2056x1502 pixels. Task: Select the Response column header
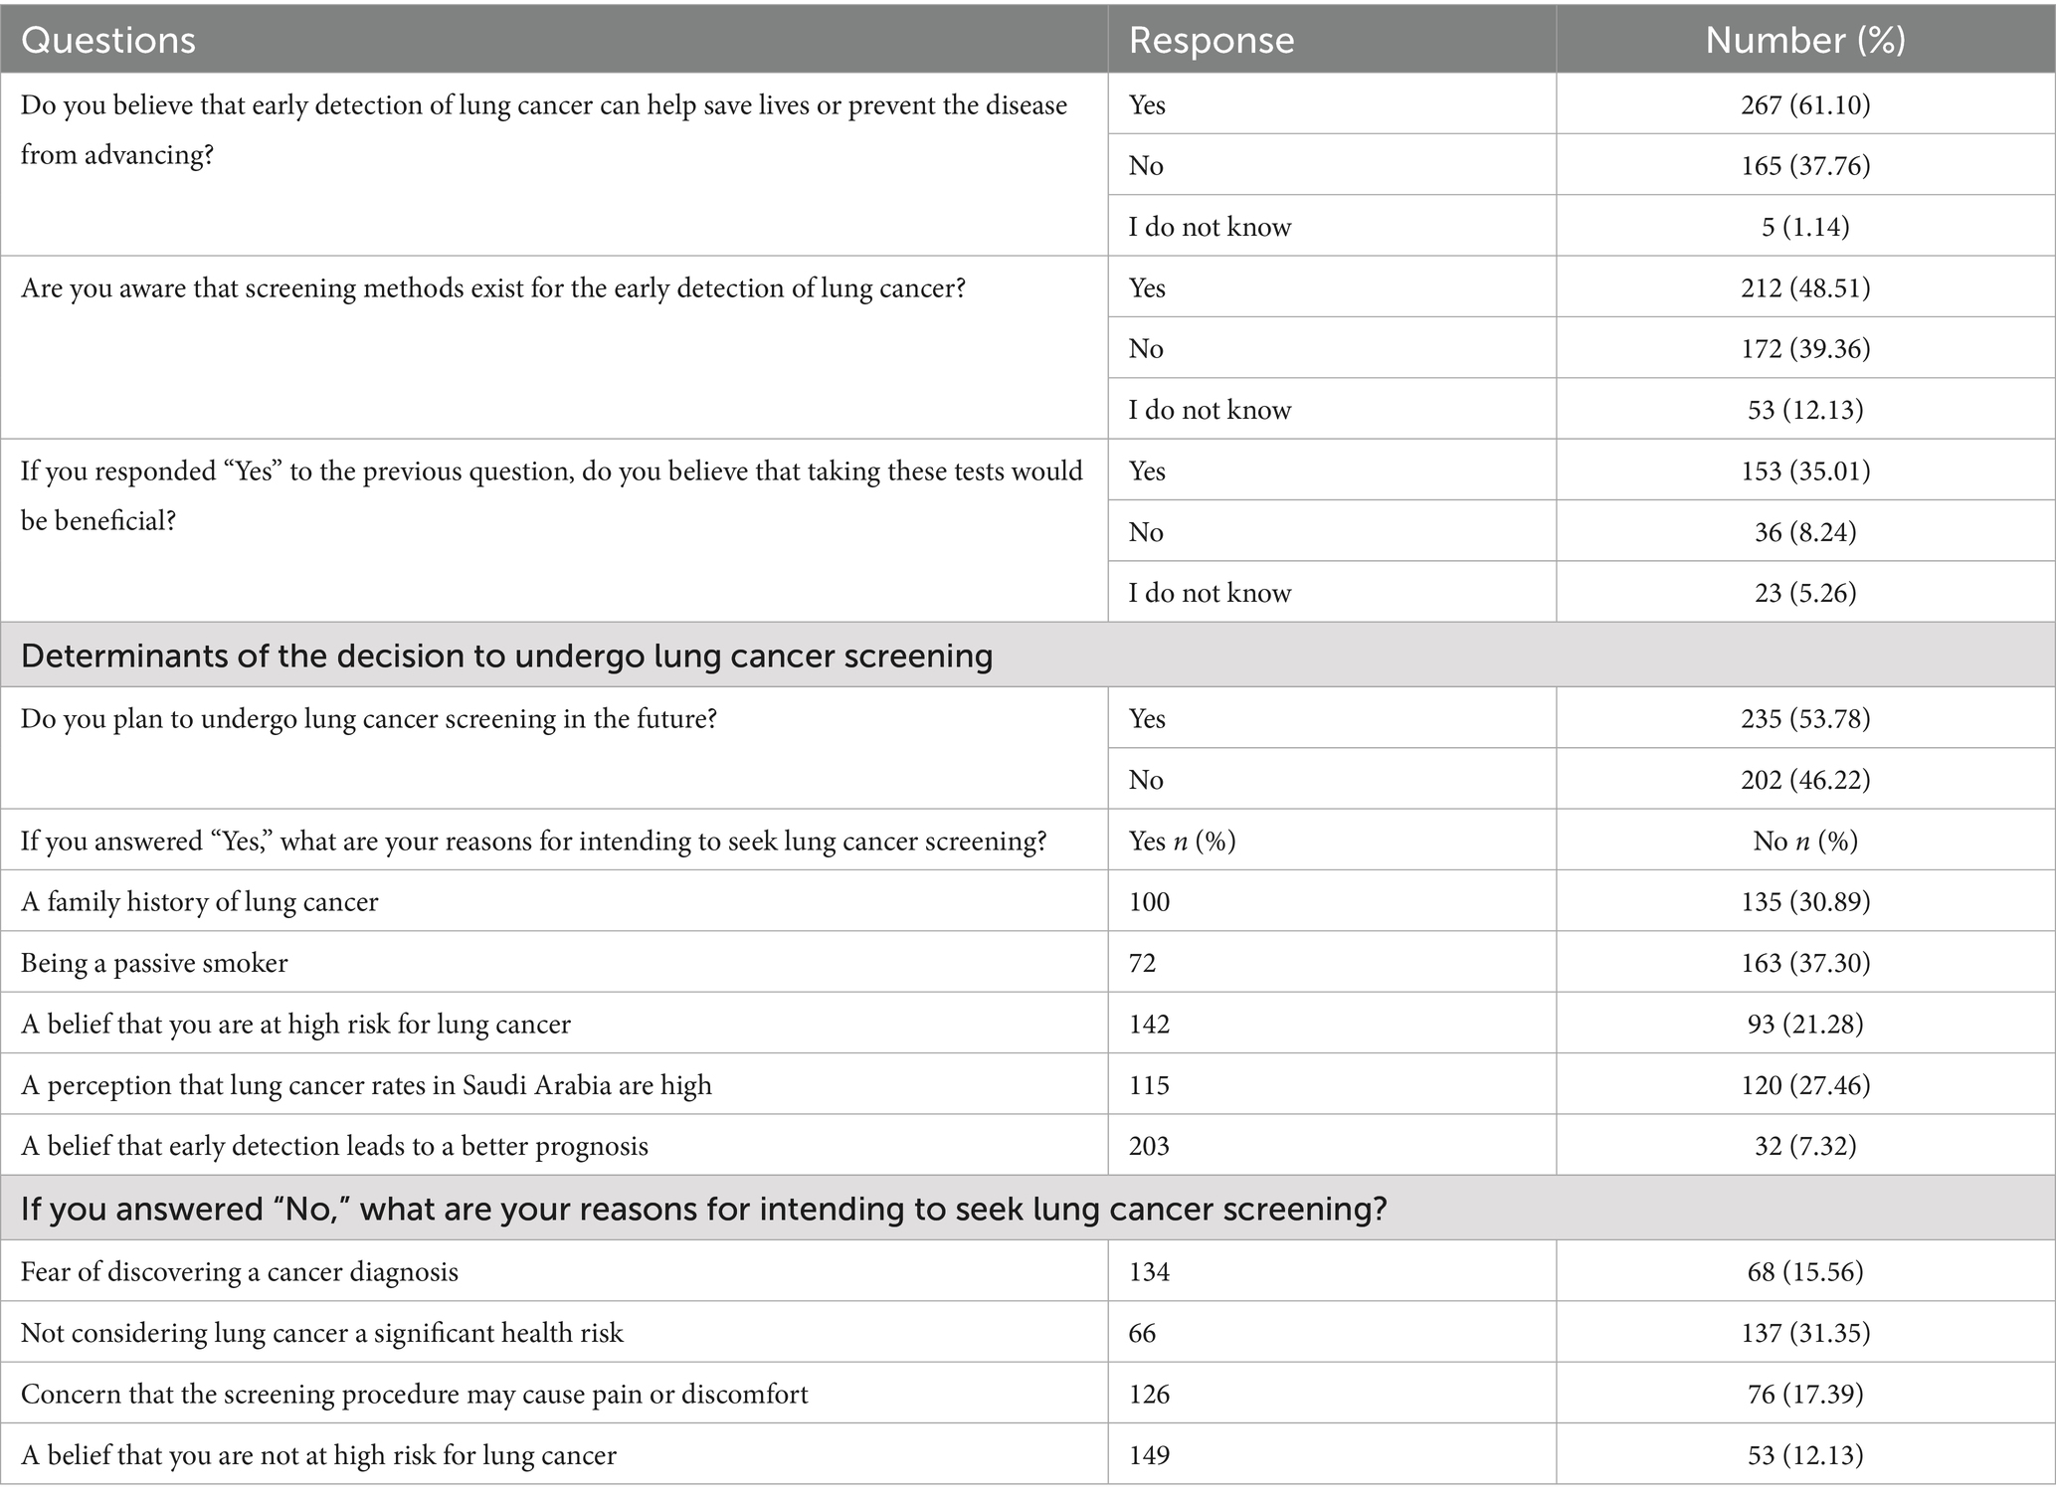1211,40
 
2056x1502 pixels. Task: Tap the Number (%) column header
1804,40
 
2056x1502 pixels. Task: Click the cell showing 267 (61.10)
1804,104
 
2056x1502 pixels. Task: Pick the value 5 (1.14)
1804,227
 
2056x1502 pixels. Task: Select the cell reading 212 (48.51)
1804,287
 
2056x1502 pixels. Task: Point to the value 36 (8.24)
1804,532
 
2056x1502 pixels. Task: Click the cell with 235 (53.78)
1804,718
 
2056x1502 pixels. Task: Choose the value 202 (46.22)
1804,779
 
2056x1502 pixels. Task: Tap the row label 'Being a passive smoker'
154,963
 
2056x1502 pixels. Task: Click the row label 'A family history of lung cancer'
199,902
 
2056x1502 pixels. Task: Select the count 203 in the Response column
1149,1146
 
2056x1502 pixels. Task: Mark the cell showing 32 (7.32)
1804,1146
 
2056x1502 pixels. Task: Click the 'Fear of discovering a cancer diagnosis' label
239,1271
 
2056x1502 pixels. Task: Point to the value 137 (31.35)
1804,1333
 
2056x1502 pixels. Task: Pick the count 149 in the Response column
1149,1455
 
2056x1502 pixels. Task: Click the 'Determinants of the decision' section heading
506,656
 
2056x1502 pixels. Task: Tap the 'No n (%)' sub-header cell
1804,842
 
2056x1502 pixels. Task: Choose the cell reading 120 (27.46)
1804,1084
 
